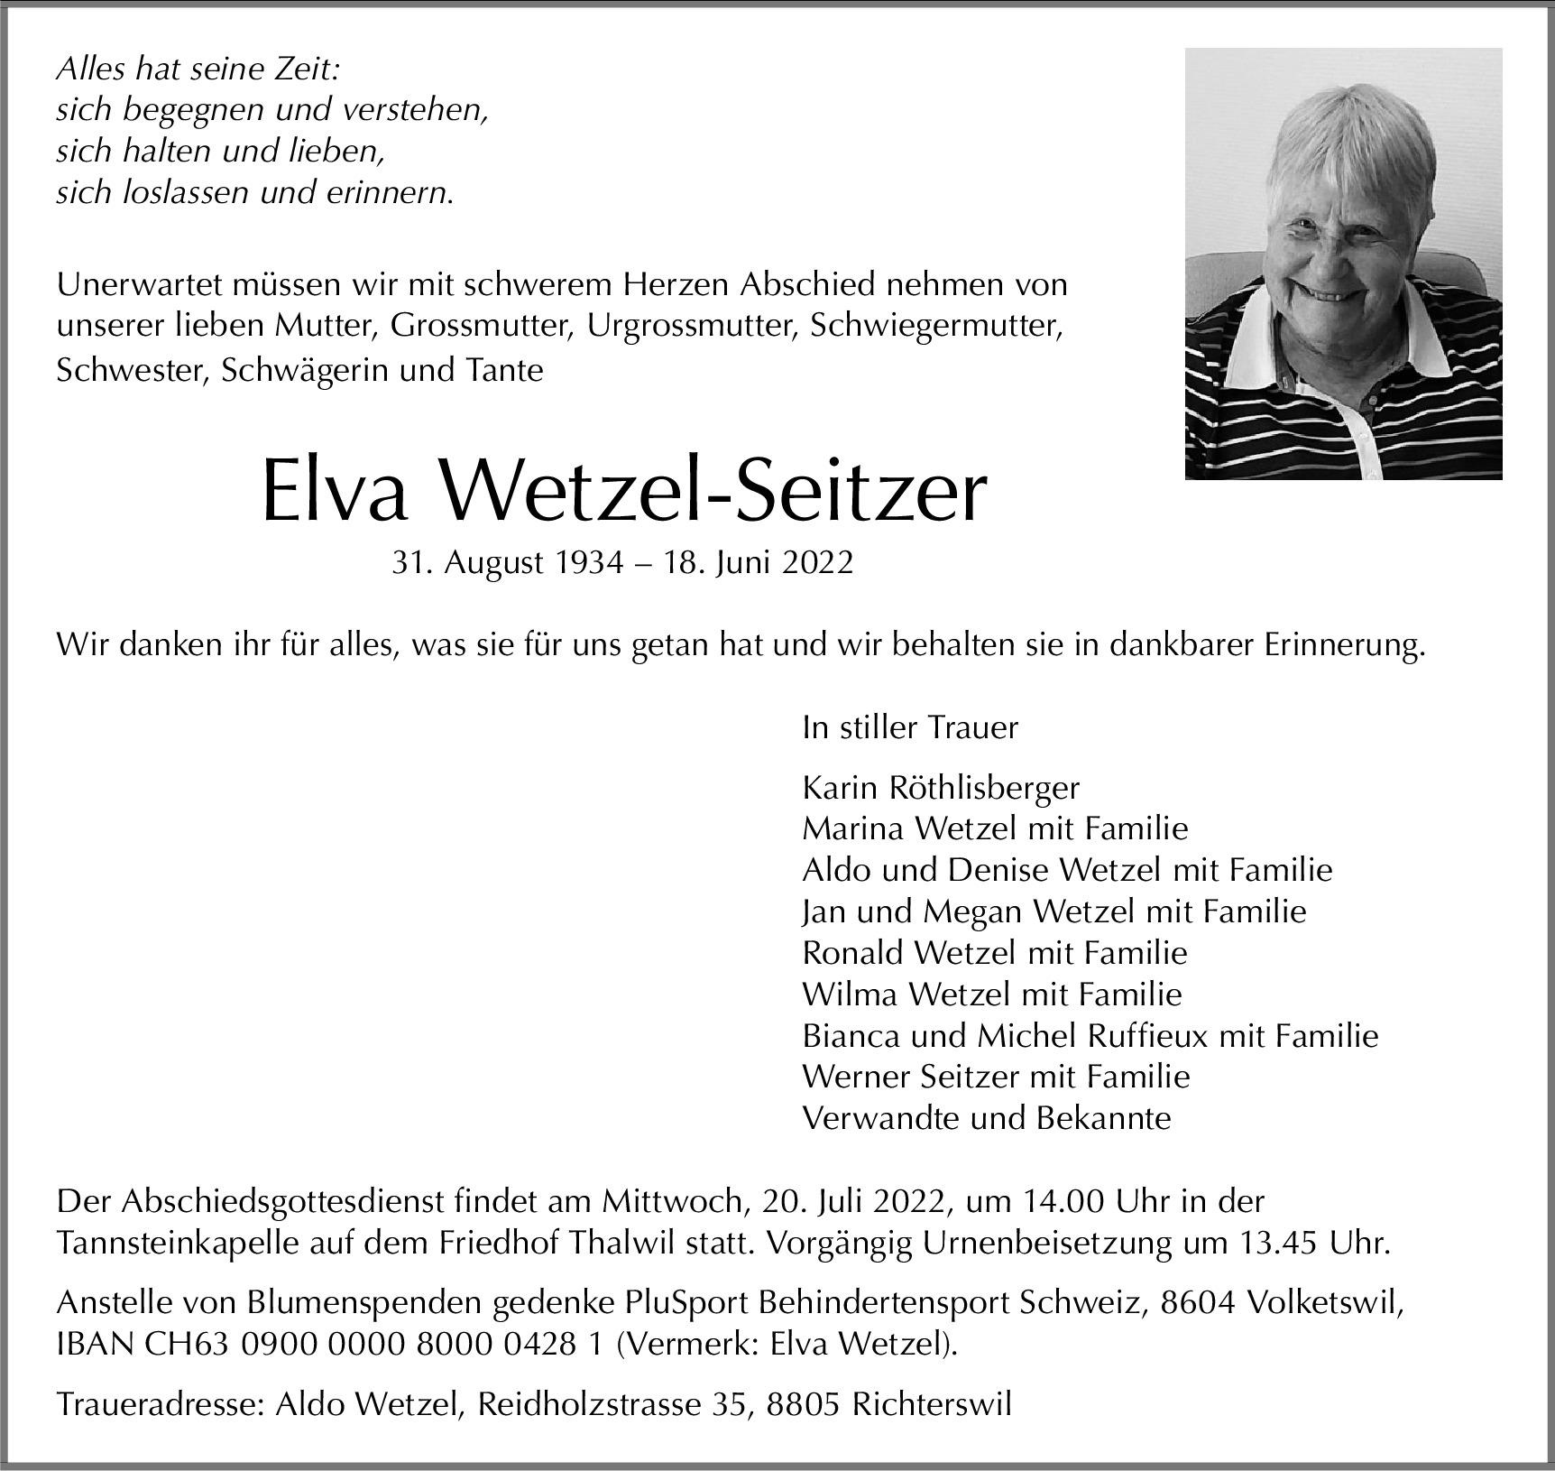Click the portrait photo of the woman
(1342, 262)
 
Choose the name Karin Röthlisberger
(941, 788)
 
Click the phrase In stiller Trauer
(910, 727)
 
